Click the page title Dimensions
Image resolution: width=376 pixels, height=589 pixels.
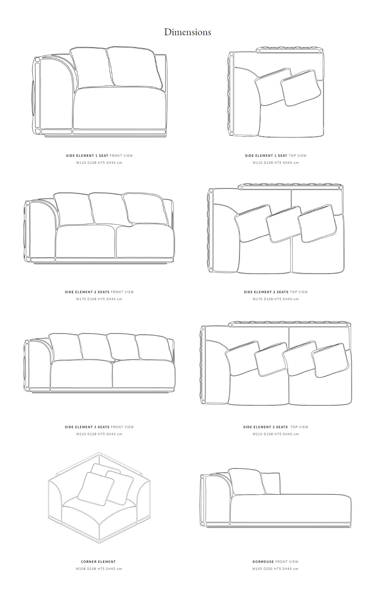click(187, 32)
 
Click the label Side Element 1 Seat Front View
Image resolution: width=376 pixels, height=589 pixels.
click(99, 155)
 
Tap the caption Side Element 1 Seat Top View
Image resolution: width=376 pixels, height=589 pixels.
click(276, 155)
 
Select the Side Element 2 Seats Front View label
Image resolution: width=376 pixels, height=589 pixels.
click(99, 292)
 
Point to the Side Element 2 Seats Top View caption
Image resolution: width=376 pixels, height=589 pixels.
click(276, 292)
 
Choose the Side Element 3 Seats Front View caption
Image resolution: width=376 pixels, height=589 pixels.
click(99, 427)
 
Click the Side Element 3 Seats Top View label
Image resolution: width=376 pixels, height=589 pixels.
click(276, 427)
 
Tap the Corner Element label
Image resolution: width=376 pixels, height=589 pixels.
click(98, 562)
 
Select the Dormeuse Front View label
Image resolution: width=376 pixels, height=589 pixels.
click(275, 562)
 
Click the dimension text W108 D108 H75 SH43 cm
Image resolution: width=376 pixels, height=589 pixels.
click(99, 569)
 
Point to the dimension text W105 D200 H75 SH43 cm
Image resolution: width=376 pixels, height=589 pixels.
click(275, 569)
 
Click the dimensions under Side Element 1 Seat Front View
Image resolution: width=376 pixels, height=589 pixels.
click(99, 162)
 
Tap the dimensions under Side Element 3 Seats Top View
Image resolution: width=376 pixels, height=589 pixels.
click(276, 434)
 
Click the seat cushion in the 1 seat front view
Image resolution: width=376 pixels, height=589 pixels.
click(120, 108)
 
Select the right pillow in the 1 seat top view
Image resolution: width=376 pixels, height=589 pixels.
click(299, 88)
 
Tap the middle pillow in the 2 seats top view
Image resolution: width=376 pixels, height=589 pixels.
click(284, 224)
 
